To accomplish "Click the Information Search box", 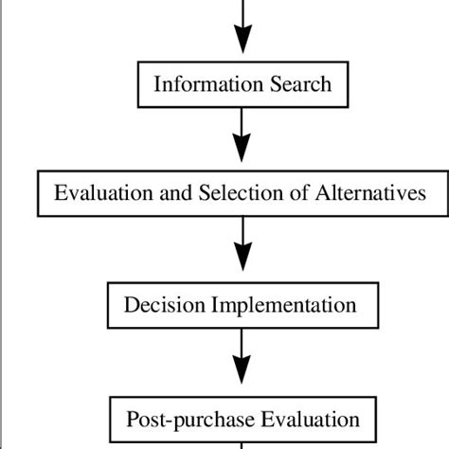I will click(242, 83).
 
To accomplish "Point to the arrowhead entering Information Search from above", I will click(243, 40).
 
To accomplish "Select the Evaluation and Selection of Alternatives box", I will click(242, 193).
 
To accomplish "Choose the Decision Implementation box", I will click(242, 305).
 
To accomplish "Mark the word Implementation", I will click(285, 305).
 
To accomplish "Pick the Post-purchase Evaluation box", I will click(242, 418).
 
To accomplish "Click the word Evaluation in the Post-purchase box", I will click(301, 418).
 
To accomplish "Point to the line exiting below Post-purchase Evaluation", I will click(243, 444).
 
